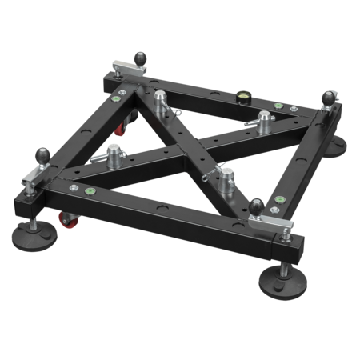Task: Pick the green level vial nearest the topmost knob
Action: pos(122,99)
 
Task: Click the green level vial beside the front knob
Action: pos(279,200)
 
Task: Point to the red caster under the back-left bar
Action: pos(122,127)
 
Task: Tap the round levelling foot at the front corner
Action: pos(282,282)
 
